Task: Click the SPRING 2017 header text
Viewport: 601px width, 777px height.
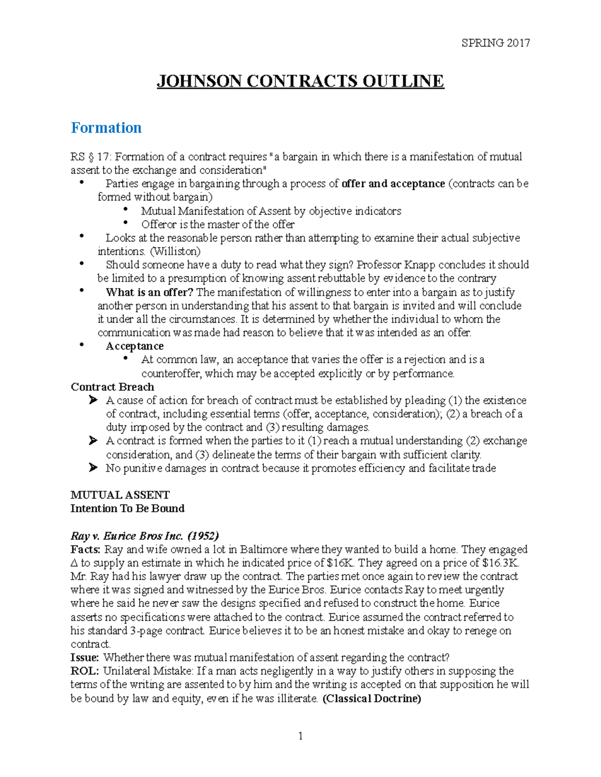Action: pyautogui.click(x=495, y=43)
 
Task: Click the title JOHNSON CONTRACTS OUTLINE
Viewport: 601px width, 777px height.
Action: pyautogui.click(x=300, y=81)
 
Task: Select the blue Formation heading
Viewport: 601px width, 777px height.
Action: pyautogui.click(x=106, y=128)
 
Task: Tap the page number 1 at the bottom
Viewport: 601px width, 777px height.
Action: pyautogui.click(x=300, y=736)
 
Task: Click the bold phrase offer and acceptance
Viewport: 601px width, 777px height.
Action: pyautogui.click(x=393, y=184)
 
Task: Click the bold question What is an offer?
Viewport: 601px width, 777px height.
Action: pyautogui.click(x=149, y=292)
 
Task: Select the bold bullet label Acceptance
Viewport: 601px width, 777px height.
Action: pyautogui.click(x=134, y=346)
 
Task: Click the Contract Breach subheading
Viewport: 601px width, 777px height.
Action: pyautogui.click(x=112, y=387)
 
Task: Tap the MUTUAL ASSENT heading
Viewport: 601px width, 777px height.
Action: pyautogui.click(x=120, y=495)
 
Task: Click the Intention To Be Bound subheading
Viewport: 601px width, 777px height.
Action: pyautogui.click(x=127, y=508)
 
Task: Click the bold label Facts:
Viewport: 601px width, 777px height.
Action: pyautogui.click(x=86, y=549)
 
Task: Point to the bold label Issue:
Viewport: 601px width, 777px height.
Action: pyautogui.click(x=85, y=657)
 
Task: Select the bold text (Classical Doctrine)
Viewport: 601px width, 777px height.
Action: pyautogui.click(x=372, y=698)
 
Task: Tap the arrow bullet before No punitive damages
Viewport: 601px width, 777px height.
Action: pyautogui.click(x=93, y=468)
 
